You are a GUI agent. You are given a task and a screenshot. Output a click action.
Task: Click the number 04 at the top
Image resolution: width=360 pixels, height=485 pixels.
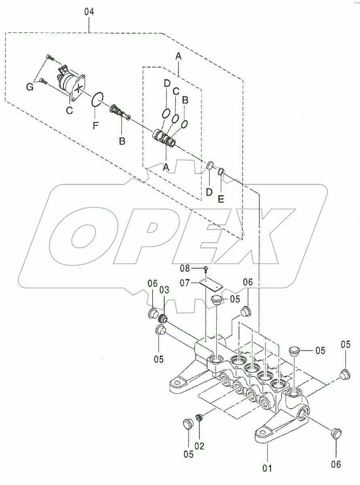[x=89, y=12]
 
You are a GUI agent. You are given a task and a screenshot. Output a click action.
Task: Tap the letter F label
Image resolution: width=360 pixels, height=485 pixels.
[x=95, y=126]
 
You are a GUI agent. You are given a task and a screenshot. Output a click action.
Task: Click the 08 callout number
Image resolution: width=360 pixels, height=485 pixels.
[x=196, y=268]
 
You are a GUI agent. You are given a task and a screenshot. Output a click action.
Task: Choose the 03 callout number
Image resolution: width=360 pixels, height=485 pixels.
[x=164, y=290]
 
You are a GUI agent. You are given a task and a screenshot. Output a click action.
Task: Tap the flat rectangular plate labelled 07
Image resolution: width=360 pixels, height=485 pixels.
[x=212, y=285]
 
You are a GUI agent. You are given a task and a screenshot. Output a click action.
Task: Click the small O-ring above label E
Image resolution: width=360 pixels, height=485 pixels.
[x=221, y=173]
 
